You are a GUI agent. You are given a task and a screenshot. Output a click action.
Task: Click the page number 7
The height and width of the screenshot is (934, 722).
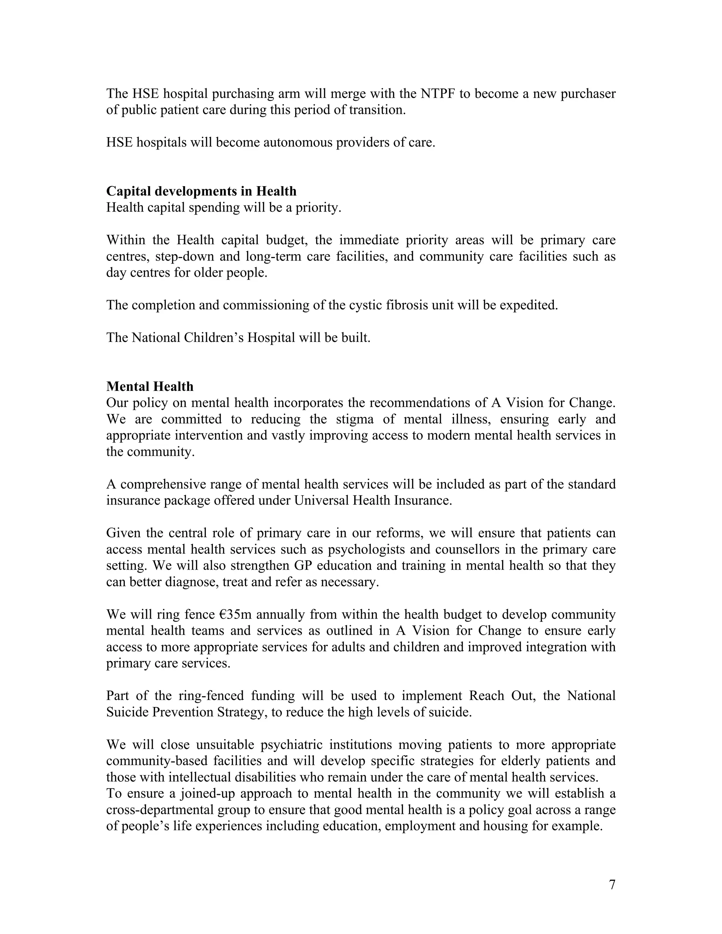[x=612, y=884]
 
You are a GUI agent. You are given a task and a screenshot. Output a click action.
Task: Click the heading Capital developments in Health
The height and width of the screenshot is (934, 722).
[x=201, y=191]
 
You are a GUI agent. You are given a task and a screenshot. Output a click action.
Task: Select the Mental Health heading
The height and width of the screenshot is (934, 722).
[x=150, y=386]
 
